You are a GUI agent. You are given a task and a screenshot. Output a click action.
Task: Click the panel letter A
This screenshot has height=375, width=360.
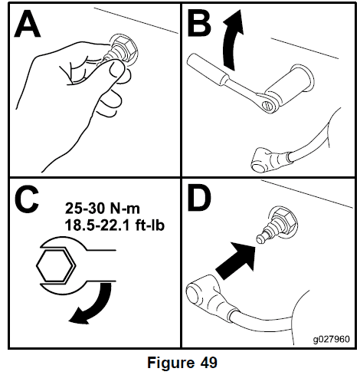click(x=28, y=25)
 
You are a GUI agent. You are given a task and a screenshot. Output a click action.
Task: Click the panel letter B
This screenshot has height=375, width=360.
click(x=199, y=25)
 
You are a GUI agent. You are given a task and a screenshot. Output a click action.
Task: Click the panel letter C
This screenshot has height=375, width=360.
click(x=27, y=200)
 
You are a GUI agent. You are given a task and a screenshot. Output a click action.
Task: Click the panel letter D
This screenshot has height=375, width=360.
click(x=199, y=200)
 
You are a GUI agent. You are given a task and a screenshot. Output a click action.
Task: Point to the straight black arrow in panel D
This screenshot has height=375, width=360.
click(x=235, y=261)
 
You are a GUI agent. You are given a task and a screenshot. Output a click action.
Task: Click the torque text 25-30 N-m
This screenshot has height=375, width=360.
click(x=103, y=209)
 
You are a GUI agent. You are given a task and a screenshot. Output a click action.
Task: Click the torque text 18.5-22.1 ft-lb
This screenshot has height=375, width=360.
click(x=115, y=225)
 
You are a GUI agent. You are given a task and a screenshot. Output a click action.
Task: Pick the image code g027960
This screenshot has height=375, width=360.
click(x=332, y=339)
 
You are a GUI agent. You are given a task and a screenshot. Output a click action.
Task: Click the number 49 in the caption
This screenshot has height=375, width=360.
click(x=208, y=363)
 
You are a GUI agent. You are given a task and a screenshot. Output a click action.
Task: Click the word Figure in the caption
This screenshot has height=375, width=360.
click(x=171, y=363)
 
